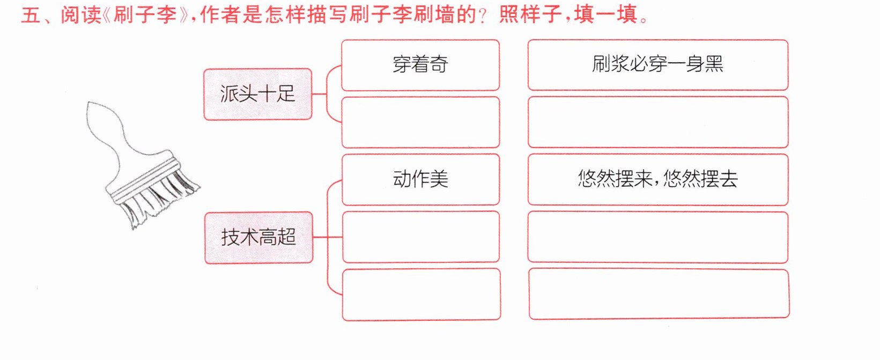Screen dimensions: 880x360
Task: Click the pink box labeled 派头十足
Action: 258,94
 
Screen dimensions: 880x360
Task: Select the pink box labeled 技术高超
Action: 259,238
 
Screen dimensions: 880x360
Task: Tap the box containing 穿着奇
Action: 420,65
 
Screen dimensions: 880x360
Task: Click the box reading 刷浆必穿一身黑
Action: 658,65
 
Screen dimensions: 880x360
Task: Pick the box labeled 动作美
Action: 421,180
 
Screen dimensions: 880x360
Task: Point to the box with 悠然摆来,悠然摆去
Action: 658,180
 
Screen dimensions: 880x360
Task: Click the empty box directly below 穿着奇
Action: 421,122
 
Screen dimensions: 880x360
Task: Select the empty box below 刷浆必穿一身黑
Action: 658,122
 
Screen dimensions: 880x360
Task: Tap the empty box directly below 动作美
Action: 421,237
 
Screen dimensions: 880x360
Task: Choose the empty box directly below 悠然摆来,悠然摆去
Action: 658,237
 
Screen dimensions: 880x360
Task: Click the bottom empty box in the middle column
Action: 421,295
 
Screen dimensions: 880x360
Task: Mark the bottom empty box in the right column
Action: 659,294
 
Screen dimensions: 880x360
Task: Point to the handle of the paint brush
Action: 114,134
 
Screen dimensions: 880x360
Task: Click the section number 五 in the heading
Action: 30,16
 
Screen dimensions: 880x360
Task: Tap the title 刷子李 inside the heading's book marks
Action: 145,16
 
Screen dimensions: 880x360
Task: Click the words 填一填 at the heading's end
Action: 605,16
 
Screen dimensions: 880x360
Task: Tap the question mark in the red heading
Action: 483,17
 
